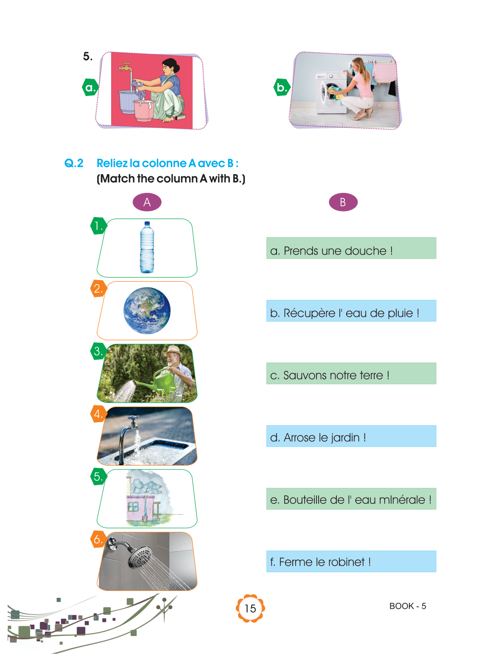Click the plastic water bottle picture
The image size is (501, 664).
pos(147,247)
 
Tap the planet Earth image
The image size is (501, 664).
pos(147,311)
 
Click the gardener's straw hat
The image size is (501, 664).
pos(173,350)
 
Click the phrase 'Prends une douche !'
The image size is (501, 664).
pos(338,251)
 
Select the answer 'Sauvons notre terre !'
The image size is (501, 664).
pos(336,375)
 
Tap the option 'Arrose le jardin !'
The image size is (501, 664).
pos(325,438)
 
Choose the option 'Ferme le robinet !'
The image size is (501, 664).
pos(325,562)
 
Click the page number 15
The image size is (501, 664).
pos(250,608)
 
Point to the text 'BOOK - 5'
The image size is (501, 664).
pos(407,606)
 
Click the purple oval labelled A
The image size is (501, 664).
pos(147,202)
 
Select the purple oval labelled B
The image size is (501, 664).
pos(343,202)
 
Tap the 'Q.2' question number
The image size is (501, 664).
pos(74,163)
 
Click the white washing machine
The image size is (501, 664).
pos(331,93)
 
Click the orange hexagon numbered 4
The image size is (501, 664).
pos(98,413)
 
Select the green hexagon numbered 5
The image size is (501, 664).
pos(98,477)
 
